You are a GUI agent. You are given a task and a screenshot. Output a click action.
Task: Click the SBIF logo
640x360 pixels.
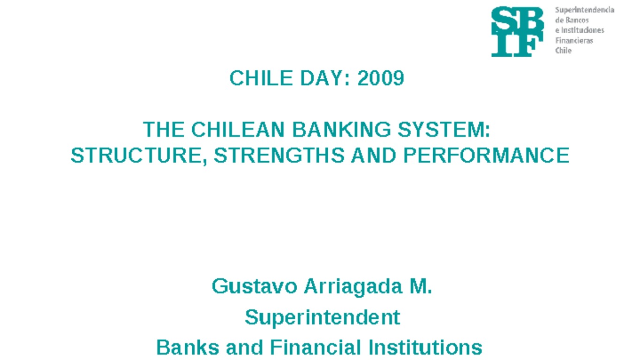(x=517, y=31)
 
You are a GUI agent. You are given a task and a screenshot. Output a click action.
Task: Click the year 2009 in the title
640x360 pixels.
(x=380, y=78)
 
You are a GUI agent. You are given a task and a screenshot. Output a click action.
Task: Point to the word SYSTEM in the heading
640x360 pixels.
(x=443, y=130)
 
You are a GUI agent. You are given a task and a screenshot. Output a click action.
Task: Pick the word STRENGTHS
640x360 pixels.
(x=279, y=156)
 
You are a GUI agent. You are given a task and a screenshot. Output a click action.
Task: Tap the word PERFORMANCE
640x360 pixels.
(x=486, y=156)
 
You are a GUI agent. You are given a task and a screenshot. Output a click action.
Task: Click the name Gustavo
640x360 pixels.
(x=254, y=286)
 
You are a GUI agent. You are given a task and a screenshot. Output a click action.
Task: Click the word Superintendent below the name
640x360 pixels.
(x=322, y=317)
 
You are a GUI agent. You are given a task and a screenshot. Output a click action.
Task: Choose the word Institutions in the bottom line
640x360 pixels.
(x=425, y=348)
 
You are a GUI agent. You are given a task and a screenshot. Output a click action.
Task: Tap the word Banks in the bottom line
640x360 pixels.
(x=188, y=348)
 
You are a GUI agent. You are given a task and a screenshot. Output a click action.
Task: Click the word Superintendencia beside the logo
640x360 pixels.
(x=584, y=10)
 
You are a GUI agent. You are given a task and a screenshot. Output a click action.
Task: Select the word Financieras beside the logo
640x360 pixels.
(x=574, y=41)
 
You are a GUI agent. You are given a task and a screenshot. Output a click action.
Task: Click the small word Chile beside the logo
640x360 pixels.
(x=563, y=51)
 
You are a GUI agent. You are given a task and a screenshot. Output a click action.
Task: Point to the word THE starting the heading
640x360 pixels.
(x=163, y=130)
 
